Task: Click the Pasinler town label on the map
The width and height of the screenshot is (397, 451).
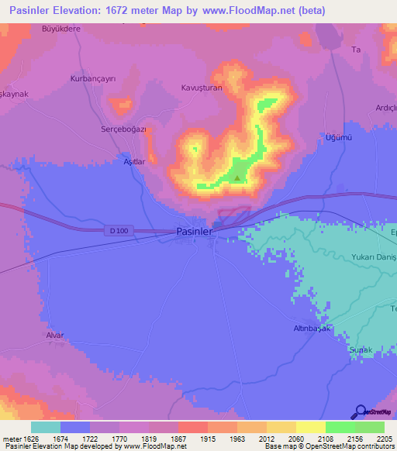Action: pos(194,231)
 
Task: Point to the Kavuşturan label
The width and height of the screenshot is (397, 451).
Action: pos(202,88)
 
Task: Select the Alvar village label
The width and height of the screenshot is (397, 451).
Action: pos(54,335)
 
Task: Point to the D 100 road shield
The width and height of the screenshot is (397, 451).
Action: pos(116,230)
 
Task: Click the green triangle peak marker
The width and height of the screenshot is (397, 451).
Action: pos(236,178)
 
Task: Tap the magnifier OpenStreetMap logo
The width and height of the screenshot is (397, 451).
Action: pos(360,411)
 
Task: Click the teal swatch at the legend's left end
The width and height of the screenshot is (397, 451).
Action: pos(46,427)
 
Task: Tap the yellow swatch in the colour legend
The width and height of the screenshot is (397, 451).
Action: pos(310,427)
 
